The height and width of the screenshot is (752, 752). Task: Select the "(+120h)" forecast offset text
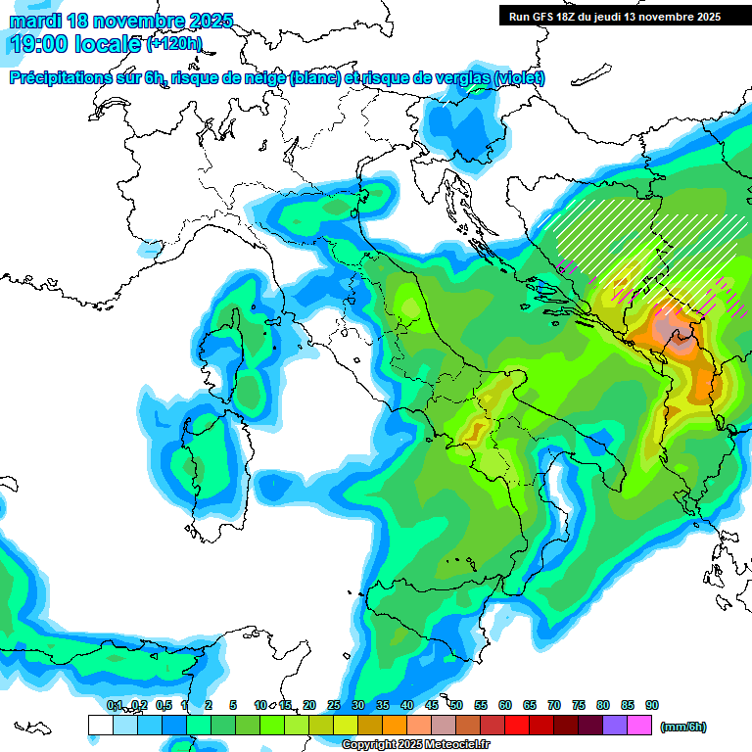tap(174, 44)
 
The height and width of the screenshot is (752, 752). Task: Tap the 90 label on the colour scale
tap(651, 705)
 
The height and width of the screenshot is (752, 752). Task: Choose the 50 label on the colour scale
tap(456, 705)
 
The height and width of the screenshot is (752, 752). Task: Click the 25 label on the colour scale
tap(334, 705)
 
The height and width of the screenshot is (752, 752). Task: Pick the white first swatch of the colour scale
tap(100, 726)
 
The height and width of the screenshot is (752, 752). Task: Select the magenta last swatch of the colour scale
tap(639, 726)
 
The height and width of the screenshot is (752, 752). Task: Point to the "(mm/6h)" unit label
tap(682, 727)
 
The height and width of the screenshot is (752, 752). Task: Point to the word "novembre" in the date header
tap(138, 21)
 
